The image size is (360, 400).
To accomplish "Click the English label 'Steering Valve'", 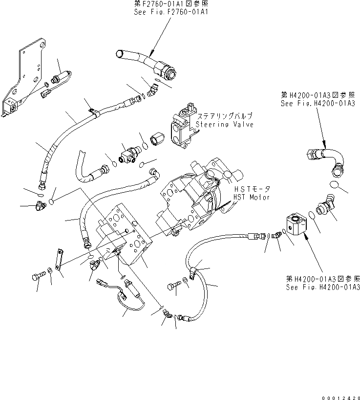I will tap(224, 125).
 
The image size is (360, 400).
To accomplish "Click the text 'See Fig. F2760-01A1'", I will tap(171, 11).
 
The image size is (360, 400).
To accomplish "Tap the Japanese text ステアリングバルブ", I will tap(224, 117).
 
